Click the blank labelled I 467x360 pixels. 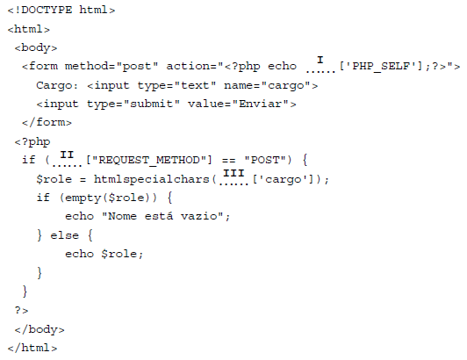click(x=320, y=71)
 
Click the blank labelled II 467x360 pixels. click(x=67, y=165)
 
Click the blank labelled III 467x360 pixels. click(x=233, y=184)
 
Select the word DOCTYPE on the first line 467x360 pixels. click(x=47, y=10)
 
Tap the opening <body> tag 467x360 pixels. click(x=36, y=47)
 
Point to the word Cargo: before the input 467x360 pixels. click(x=57, y=85)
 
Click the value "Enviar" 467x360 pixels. click(x=261, y=104)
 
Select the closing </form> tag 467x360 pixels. click(x=47, y=122)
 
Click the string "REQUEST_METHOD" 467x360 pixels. click(x=149, y=160)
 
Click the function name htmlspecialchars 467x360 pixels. click(x=151, y=179)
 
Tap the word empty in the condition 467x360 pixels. click(x=83, y=198)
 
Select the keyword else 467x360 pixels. click(x=65, y=235)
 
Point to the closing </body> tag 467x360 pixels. click(x=40, y=329)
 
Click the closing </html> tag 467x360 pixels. click(x=32, y=348)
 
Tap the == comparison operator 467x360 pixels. click(x=228, y=161)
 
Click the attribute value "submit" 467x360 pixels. click(x=151, y=104)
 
